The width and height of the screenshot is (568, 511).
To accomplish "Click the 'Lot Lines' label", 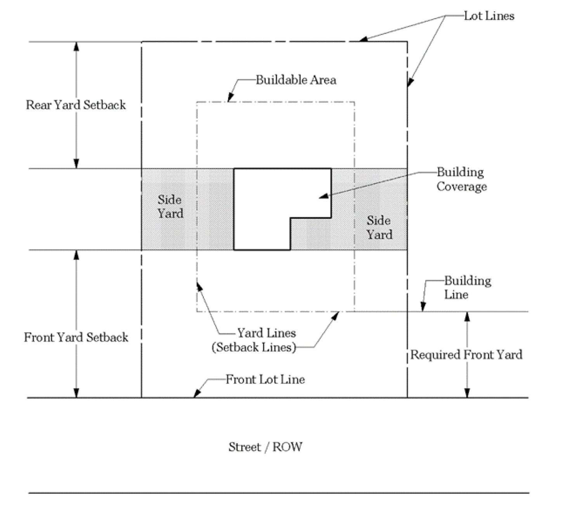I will point(489,16).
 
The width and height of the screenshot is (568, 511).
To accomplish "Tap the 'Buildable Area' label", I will point(296,80).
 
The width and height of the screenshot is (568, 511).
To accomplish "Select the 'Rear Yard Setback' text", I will point(76,105).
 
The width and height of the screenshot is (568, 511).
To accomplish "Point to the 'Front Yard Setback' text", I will point(76,337).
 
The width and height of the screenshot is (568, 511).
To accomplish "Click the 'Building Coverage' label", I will point(461,179).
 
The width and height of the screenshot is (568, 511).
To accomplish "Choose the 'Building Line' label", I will point(467,288).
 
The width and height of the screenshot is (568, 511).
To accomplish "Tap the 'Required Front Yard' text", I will point(466,355).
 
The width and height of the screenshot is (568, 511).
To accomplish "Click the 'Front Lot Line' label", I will point(265,379).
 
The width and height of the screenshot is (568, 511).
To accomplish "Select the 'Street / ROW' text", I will point(265,447).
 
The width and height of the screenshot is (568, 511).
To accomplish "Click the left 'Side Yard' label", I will point(170,206).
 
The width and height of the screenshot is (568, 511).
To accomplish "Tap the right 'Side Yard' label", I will point(379,227).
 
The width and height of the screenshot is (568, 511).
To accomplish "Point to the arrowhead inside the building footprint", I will point(323,196).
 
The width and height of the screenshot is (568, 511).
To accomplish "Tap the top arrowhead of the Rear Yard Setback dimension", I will point(76,46).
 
